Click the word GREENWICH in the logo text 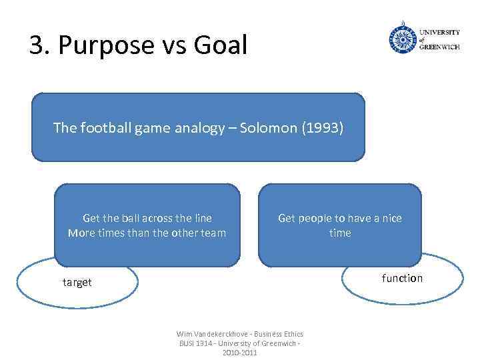439,47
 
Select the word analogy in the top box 199,127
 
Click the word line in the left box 201,218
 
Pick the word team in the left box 212,233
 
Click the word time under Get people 340,233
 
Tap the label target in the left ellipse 77,282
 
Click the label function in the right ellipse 402,278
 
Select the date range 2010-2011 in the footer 239,352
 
